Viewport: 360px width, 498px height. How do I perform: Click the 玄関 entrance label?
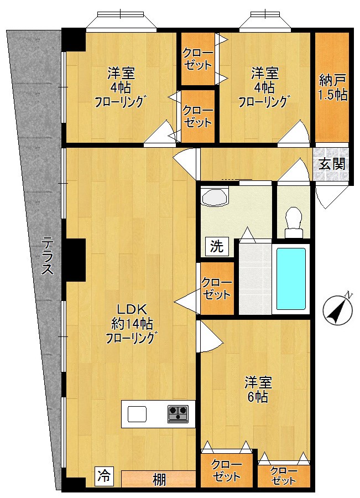332,164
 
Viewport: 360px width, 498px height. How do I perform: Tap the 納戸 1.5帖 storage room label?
332,87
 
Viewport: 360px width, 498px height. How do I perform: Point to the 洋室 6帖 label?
258,390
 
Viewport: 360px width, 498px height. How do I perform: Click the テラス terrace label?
48,255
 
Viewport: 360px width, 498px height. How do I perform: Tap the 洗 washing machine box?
217,246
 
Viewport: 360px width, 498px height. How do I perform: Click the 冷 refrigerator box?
104,476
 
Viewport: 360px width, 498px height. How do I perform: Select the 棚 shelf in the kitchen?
158,479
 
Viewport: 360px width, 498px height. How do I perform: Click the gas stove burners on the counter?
178,414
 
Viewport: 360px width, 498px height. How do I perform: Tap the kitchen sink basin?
137,414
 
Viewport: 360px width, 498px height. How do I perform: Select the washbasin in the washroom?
215,197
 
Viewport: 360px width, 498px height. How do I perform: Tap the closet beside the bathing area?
217,288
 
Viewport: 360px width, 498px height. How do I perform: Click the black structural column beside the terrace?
74,260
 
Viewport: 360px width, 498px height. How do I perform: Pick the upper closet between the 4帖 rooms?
198,59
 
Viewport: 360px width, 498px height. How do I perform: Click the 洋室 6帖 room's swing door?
210,336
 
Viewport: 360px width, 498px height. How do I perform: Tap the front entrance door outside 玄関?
330,196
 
